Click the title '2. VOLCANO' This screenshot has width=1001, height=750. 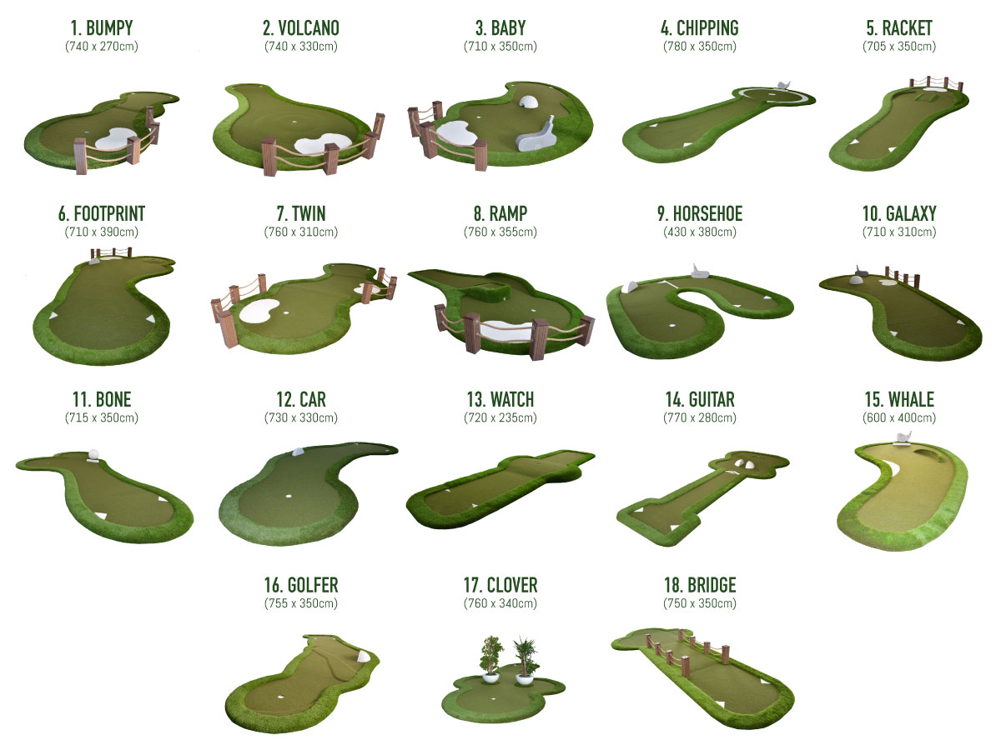click(300, 28)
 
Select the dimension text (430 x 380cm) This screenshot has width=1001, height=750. click(700, 232)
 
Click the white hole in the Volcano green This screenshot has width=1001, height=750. click(294, 122)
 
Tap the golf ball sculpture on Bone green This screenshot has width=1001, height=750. click(93, 455)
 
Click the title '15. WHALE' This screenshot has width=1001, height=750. click(899, 399)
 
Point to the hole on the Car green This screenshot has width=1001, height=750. click(289, 497)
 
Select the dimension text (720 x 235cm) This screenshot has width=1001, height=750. click(500, 417)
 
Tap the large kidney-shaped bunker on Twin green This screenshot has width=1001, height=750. click(259, 312)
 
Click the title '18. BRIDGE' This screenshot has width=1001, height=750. click(700, 585)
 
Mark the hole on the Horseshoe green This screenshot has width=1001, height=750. click(672, 326)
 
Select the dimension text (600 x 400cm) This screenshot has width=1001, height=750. click(899, 417)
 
